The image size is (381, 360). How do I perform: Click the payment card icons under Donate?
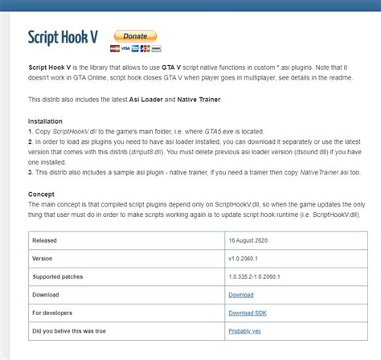click(135, 48)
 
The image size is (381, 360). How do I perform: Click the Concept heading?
click(42, 194)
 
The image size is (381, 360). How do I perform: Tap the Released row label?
click(46, 239)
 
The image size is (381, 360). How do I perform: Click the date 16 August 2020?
click(252, 239)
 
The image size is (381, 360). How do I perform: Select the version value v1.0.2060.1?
click(248, 258)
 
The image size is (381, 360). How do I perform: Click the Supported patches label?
click(59, 276)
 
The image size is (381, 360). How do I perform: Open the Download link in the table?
click(242, 295)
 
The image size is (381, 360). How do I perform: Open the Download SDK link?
click(248, 313)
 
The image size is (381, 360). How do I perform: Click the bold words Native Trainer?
click(198, 99)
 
